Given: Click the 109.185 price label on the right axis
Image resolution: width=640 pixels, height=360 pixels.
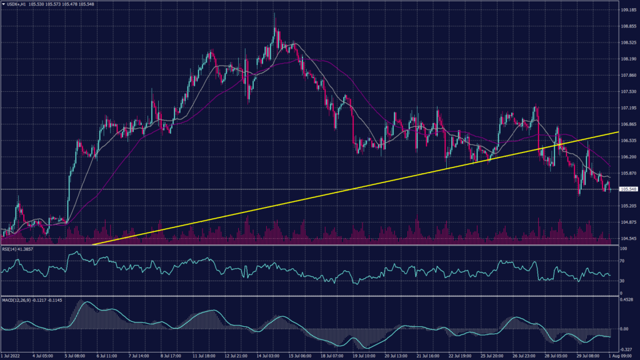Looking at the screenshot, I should pyautogui.click(x=628, y=10).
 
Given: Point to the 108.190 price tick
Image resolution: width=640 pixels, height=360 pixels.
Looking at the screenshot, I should pyautogui.click(x=628, y=59).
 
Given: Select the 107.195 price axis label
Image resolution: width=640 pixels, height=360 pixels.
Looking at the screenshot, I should pyautogui.click(x=628, y=108).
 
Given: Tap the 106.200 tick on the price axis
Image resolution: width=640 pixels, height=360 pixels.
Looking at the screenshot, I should pyautogui.click(x=628, y=157).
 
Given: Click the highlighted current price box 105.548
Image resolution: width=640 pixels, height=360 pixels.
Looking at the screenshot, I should pyautogui.click(x=628, y=189).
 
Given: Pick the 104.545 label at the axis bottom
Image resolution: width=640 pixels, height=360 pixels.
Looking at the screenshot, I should pyautogui.click(x=628, y=238).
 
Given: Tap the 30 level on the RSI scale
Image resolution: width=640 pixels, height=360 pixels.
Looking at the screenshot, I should pyautogui.click(x=622, y=281).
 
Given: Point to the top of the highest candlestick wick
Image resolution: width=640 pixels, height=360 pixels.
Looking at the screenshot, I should pyautogui.click(x=275, y=12).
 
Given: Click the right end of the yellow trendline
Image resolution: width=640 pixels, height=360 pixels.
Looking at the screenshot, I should pyautogui.click(x=618, y=132).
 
